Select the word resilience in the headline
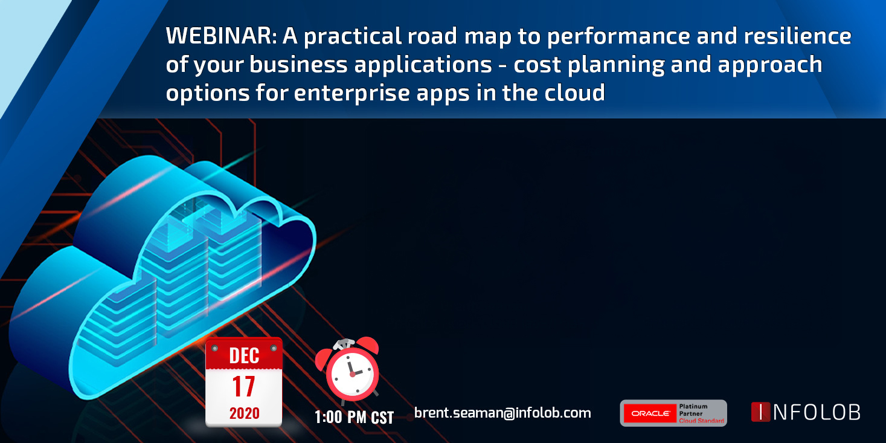point(797,36)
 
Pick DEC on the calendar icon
point(244,355)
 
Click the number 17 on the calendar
point(243,386)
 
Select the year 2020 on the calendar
point(245,413)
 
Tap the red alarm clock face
point(352,373)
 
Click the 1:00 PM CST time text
point(354,417)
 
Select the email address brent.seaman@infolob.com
point(502,413)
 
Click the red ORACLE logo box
point(650,413)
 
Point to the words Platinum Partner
point(693,410)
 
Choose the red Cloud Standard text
point(701,421)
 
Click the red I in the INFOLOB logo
point(760,412)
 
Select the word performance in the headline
point(618,36)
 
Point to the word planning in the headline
point(616,65)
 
